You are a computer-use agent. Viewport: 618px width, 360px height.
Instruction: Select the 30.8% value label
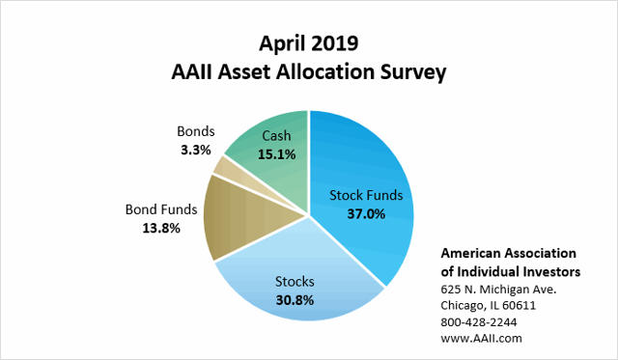click(x=295, y=299)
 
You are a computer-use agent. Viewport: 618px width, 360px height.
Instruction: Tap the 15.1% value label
click(x=278, y=152)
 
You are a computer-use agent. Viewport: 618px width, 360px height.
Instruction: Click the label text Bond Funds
click(x=163, y=209)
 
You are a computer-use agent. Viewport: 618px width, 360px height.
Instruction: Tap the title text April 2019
click(x=309, y=43)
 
